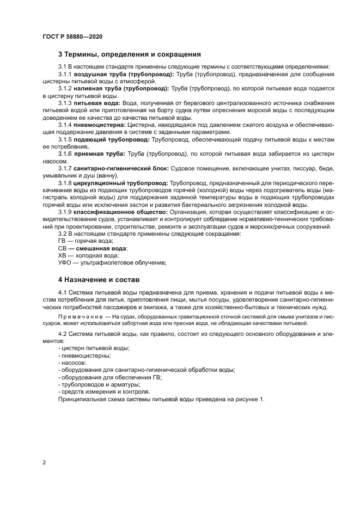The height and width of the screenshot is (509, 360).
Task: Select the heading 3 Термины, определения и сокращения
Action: tap(130, 54)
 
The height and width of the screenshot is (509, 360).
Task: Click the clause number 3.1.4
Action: tap(65, 125)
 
